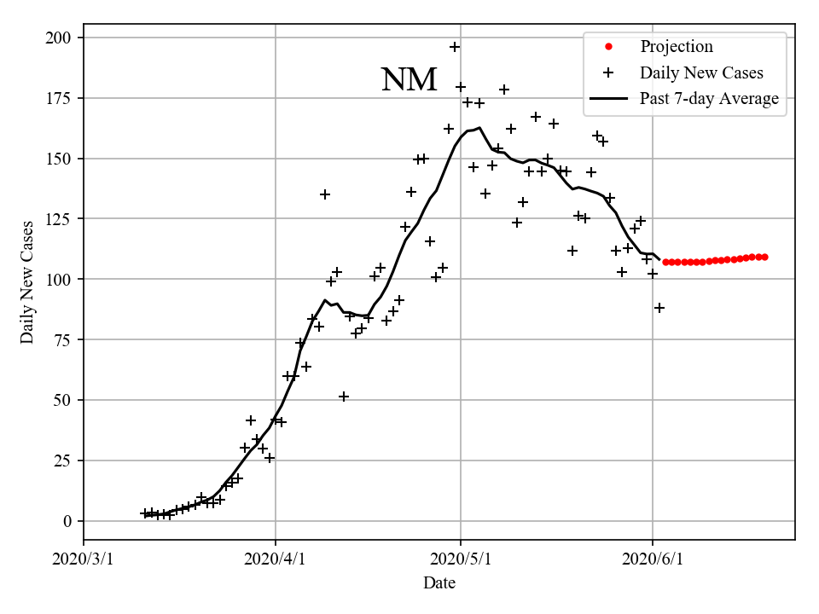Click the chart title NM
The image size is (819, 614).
coord(409,80)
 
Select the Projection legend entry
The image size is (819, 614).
coord(676,47)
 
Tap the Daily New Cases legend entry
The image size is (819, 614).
coord(701,72)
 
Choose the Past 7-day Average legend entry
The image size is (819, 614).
coord(709,99)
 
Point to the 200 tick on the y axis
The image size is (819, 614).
coord(61,38)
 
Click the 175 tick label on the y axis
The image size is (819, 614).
coord(61,98)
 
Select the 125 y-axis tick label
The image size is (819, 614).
coord(61,219)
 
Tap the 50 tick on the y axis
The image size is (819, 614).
coord(64,400)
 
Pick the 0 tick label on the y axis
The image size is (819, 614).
coord(68,521)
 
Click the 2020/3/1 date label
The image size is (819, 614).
coord(84,559)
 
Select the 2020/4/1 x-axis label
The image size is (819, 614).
coord(275,559)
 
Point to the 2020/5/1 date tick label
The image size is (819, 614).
coord(461,559)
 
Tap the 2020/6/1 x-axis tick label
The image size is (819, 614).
coord(653,559)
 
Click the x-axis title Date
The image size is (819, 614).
coord(439,584)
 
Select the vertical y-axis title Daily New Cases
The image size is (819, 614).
coord(28,281)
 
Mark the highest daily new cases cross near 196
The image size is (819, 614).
coord(455,47)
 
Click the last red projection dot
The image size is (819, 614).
coord(764,257)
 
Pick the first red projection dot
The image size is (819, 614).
coord(665,262)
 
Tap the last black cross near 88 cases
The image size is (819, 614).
coord(659,308)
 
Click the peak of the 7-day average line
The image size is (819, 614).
coord(479,128)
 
